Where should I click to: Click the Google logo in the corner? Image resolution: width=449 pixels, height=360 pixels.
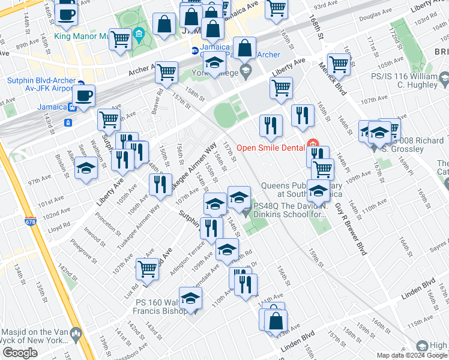click(x=20, y=353)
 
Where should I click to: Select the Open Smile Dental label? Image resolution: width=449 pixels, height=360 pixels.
click(x=270, y=148)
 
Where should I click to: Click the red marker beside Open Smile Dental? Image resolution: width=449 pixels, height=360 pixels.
click(x=312, y=144)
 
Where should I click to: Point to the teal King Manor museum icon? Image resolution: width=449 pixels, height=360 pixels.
click(x=140, y=32)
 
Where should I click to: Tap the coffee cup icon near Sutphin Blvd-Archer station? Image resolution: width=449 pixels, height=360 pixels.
click(x=83, y=96)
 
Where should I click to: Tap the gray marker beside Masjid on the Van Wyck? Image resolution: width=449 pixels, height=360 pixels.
click(x=76, y=333)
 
